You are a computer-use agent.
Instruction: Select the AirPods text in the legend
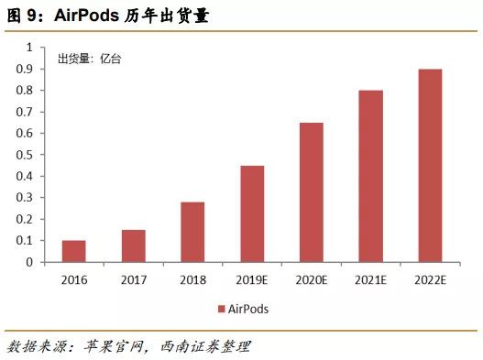pos(248,309)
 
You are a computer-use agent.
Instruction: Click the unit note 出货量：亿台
pos(90,60)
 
